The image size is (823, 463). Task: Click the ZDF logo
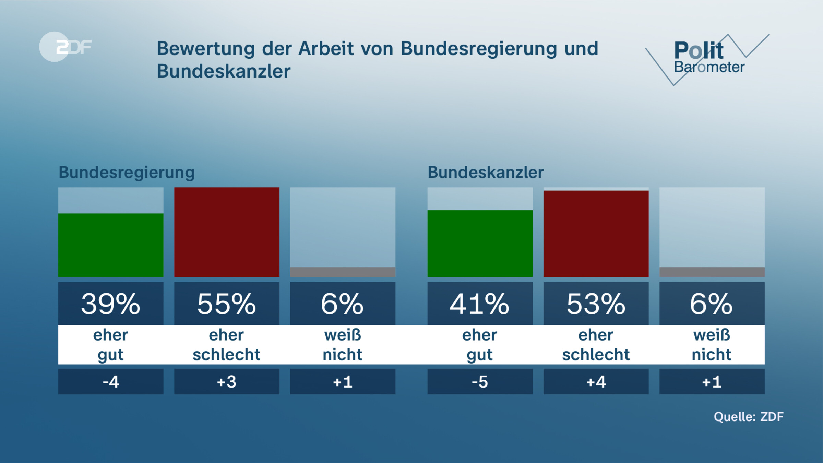click(x=65, y=47)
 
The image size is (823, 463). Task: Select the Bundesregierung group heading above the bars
click(x=127, y=172)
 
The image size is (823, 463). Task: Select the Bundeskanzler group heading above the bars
click(x=485, y=172)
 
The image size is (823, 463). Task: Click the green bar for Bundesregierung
click(x=111, y=245)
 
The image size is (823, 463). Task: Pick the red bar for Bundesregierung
click(x=227, y=232)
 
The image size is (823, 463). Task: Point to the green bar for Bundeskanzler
click(x=480, y=243)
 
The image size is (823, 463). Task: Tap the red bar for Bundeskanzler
click(x=596, y=234)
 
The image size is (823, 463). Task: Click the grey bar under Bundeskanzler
click(x=712, y=272)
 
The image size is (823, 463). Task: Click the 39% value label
click(x=111, y=304)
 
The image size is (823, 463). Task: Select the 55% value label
click(x=227, y=304)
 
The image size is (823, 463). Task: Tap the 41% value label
click(x=480, y=304)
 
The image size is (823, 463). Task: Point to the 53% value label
click(x=596, y=304)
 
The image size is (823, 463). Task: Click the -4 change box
click(x=111, y=382)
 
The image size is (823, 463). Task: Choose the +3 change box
click(x=227, y=382)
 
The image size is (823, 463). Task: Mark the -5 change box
click(x=480, y=382)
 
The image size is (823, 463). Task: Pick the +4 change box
click(x=596, y=382)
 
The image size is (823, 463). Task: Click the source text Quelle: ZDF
click(x=748, y=417)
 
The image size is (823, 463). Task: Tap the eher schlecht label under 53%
click(x=596, y=345)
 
